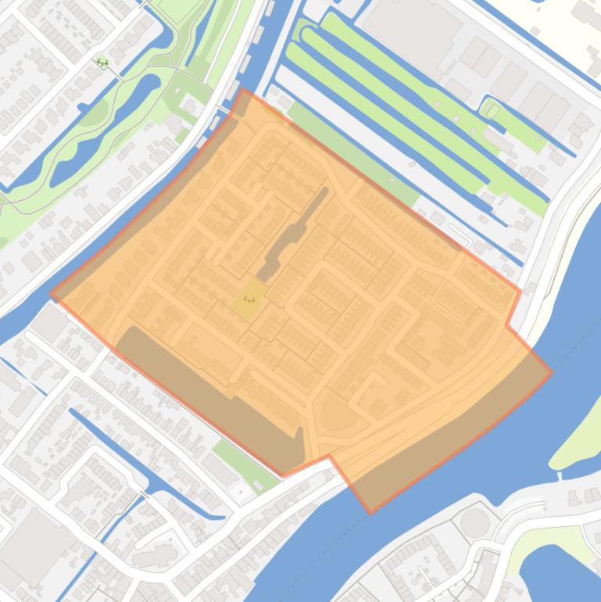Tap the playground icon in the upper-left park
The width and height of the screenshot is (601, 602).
tap(102, 62)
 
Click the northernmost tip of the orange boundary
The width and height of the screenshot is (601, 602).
tap(243, 89)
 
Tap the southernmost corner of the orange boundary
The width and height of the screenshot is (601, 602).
tap(370, 513)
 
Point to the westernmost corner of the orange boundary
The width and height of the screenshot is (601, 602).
tap(51, 294)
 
